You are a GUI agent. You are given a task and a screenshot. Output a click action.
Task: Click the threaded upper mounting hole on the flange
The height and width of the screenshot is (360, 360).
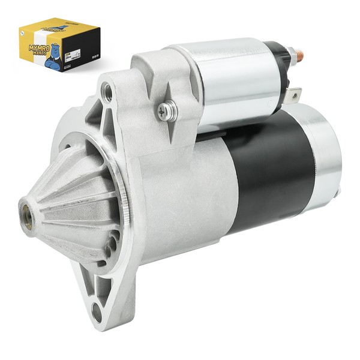click(x=108, y=91)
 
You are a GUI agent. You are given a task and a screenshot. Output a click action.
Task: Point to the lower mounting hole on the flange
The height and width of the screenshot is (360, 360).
click(x=98, y=310)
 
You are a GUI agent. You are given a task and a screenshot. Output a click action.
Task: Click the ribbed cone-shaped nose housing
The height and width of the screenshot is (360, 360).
click(x=66, y=204)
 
